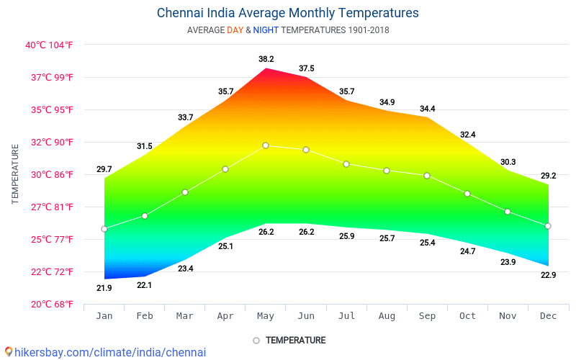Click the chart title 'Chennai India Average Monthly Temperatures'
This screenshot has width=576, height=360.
(x=287, y=13)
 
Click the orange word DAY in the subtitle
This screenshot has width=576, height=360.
(x=235, y=30)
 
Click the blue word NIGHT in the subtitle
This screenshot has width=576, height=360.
(x=266, y=30)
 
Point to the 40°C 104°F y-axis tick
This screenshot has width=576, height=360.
(x=49, y=45)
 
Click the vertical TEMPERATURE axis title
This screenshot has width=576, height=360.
(x=15, y=174)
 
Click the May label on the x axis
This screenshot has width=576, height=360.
(x=266, y=316)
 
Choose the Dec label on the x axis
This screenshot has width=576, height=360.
(x=548, y=316)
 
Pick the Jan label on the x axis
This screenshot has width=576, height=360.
(x=104, y=316)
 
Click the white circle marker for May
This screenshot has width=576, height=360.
(x=266, y=145)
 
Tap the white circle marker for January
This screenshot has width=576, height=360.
(x=104, y=229)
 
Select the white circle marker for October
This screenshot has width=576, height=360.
(x=467, y=194)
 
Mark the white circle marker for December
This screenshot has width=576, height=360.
(x=548, y=226)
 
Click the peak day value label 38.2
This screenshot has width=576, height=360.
(x=266, y=59)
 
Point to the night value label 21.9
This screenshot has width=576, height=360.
(x=104, y=288)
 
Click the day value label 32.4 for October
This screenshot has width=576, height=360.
(x=467, y=135)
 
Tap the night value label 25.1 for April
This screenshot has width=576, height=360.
(x=225, y=246)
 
